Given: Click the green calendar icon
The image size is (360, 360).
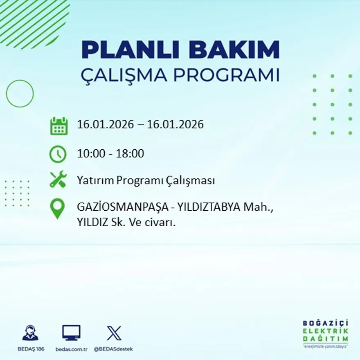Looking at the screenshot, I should pos(59,126).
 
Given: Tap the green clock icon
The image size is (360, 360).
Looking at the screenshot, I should pos(58,154).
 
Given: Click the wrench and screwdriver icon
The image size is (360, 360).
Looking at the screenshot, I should pos(58,180).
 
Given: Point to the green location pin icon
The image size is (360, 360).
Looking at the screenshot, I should pos(57,208).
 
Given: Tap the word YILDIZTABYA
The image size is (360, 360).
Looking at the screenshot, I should pos(209,208).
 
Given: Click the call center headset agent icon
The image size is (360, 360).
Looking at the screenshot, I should pos(30,333).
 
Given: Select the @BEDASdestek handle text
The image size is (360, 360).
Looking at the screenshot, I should pos(113,349).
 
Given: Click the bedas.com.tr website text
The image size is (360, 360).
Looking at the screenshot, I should pos(72,349).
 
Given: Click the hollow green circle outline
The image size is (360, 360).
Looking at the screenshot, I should pos(20,94).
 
